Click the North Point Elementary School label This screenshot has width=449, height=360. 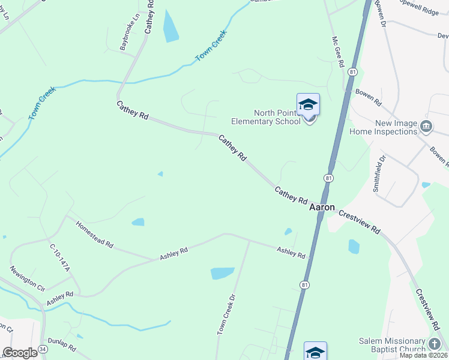tap(277, 117)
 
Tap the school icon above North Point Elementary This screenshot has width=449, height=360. tap(308, 105)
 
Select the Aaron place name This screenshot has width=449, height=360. tap(322, 206)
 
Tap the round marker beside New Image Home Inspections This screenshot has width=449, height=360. tap(426, 126)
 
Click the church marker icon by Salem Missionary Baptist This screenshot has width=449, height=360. tap(435, 344)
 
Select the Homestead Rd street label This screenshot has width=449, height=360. tap(94, 234)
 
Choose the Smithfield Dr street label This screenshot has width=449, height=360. tap(379, 173)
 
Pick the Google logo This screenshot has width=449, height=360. tap(20, 353)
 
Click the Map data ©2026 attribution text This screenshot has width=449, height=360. tap(423, 355)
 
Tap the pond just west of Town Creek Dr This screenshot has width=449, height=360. tap(222, 274)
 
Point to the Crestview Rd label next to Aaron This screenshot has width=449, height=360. tap(360, 221)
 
